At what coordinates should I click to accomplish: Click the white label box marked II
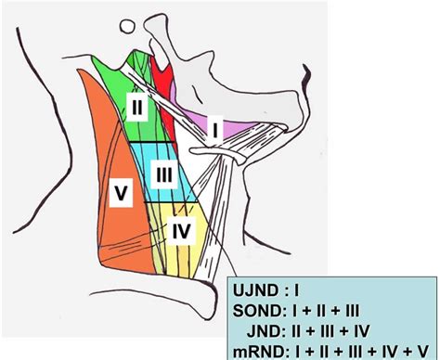pyautogui.click(x=136, y=108)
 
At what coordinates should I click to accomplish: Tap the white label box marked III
pyautogui.click(x=162, y=174)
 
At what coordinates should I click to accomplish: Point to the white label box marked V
pyautogui.click(x=120, y=193)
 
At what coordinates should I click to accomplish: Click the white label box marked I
pyautogui.click(x=216, y=131)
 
